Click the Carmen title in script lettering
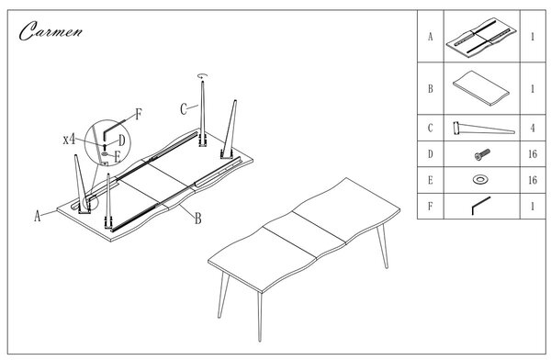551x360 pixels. pyautogui.click(x=51, y=31)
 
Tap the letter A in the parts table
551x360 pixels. pyautogui.click(x=431, y=37)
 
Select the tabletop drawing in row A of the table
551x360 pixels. pyautogui.click(x=482, y=37)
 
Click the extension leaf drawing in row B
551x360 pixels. pyautogui.click(x=481, y=88)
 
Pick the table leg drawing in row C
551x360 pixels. pyautogui.click(x=484, y=128)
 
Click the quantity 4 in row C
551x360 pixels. pyautogui.click(x=533, y=128)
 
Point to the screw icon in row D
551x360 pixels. pyautogui.click(x=482, y=154)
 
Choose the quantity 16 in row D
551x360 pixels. pyautogui.click(x=533, y=154)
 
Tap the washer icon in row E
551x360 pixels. pyautogui.click(x=480, y=180)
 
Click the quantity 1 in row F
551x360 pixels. pyautogui.click(x=533, y=206)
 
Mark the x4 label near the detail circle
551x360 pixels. pyautogui.click(x=69, y=140)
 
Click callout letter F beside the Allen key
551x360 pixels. pyautogui.click(x=139, y=114)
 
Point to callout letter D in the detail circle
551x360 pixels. pyautogui.click(x=122, y=141)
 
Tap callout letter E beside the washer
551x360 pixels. pyautogui.click(x=118, y=157)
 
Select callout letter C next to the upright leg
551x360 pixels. pyautogui.click(x=184, y=109)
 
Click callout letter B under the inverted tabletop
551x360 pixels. pyautogui.click(x=198, y=219)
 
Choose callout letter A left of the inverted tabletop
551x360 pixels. pyautogui.click(x=38, y=216)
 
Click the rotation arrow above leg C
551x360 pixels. pyautogui.click(x=202, y=75)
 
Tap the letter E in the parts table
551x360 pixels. pyautogui.click(x=431, y=180)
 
